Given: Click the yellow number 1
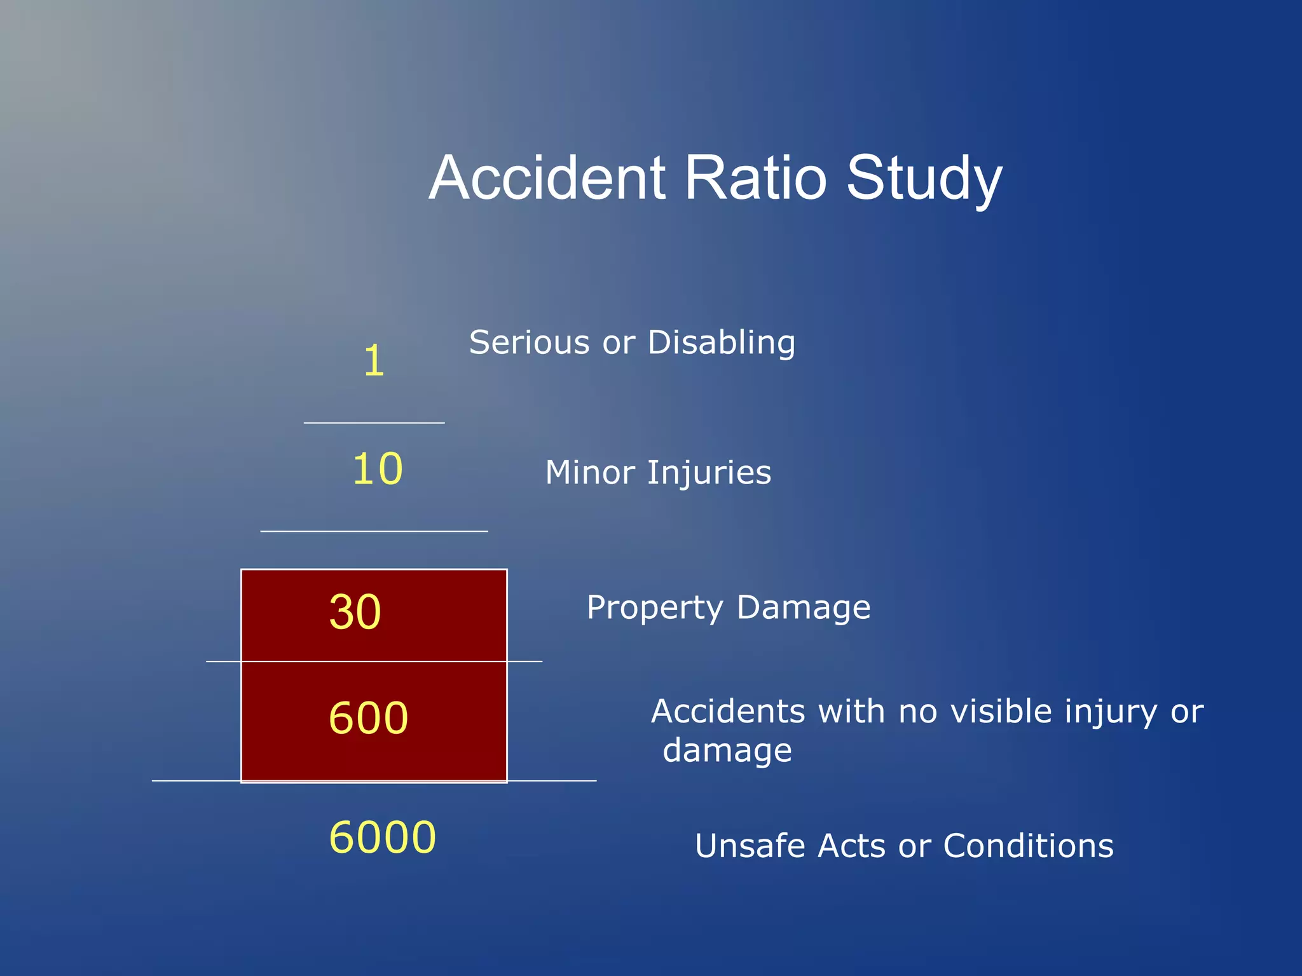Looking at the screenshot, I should [x=374, y=361].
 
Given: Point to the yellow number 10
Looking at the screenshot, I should [x=378, y=469].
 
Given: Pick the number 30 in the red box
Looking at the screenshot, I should [x=355, y=612].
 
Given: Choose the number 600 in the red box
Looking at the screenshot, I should [x=368, y=718].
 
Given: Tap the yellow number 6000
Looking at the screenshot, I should [x=382, y=837].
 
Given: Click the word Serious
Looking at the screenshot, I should [x=530, y=342].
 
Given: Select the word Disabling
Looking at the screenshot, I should [x=721, y=344].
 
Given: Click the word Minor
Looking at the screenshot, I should [x=590, y=473].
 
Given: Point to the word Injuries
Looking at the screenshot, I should [x=709, y=474].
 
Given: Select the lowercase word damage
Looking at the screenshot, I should [x=727, y=752].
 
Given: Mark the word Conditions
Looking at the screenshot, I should [x=1028, y=846].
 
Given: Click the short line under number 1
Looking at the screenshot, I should [x=374, y=423].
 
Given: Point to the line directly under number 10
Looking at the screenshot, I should [x=374, y=531].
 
